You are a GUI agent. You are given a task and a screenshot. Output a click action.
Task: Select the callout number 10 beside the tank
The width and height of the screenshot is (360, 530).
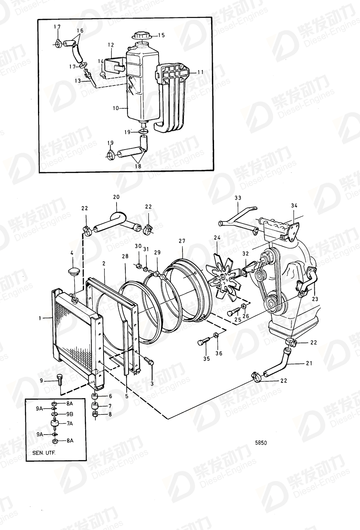(116, 108)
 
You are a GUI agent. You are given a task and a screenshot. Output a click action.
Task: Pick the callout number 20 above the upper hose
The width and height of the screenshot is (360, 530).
(116, 197)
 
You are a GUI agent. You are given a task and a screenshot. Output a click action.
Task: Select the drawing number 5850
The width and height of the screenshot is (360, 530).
(261, 443)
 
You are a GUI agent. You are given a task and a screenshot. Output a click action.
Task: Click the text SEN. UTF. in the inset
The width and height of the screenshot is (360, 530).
(44, 452)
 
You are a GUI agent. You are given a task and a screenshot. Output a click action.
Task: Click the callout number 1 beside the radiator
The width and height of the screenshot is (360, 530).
(40, 318)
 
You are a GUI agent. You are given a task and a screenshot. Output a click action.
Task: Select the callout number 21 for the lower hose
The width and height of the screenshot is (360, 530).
(309, 363)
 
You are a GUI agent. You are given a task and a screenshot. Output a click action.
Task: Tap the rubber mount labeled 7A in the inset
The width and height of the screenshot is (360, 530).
(55, 423)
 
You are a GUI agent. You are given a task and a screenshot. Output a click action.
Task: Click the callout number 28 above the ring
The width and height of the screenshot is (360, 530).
(125, 256)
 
